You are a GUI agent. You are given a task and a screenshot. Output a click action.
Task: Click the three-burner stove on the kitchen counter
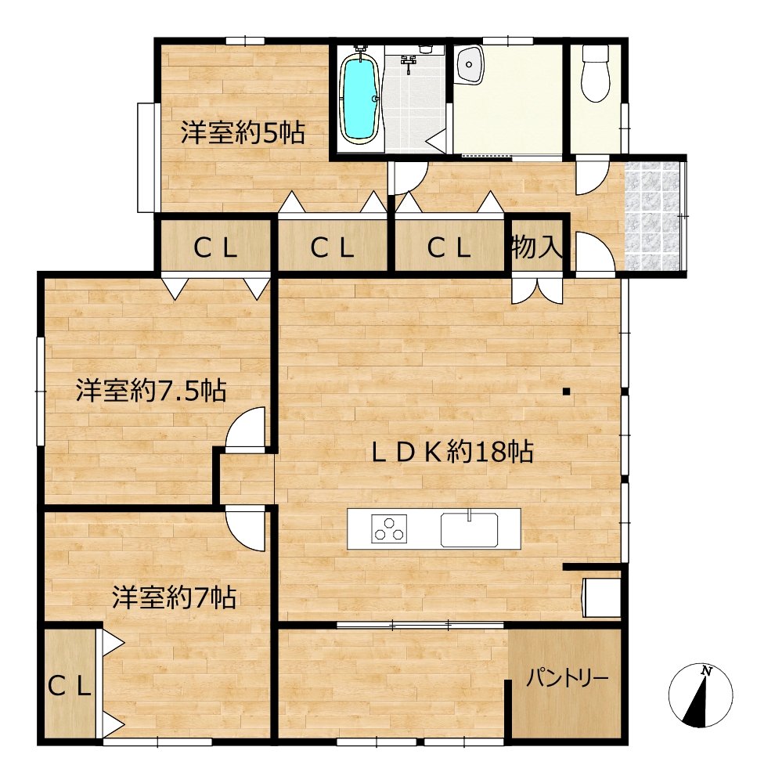pos(389,529)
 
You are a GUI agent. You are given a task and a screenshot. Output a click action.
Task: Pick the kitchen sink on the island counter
pos(469,529)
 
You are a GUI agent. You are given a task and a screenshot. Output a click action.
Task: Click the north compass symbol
pos(701,695)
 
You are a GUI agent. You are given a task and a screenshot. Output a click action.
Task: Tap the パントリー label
pos(568,679)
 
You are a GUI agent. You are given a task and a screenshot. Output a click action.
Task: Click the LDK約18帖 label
pos(452,452)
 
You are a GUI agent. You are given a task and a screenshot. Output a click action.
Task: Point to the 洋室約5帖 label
pos(243,133)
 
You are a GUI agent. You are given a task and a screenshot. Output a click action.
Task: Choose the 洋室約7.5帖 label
pos(151,391)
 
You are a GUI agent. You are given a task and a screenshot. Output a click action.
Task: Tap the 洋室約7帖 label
pos(174,597)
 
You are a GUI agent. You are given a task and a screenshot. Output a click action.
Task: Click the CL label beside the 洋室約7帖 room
pos(70,687)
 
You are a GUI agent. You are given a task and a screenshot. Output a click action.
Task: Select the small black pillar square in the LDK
pos(566,391)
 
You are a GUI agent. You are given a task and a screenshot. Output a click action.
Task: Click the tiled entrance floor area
pos(653,216)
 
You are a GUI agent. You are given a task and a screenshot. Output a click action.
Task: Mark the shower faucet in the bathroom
pos(409,61)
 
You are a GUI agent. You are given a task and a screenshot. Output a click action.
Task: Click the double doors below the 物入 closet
pos(537,290)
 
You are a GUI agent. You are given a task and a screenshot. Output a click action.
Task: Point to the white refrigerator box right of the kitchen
pos(602,597)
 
